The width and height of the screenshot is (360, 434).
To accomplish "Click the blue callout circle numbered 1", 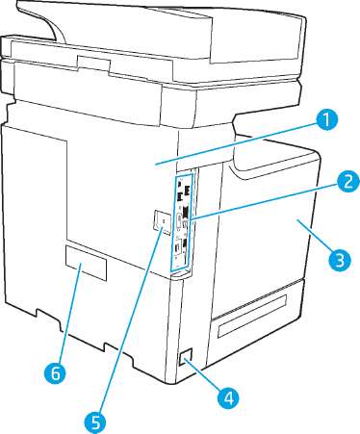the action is click(326, 120).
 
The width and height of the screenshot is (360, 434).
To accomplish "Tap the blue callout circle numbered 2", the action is click(347, 182).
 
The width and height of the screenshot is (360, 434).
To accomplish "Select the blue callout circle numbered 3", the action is click(340, 259).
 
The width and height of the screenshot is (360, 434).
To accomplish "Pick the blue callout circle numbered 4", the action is click(228, 398).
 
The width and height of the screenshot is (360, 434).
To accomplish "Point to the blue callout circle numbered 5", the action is click(95, 421).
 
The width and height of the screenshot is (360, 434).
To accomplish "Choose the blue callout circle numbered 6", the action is click(55, 372).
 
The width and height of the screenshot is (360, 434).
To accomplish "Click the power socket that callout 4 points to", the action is click(185, 357).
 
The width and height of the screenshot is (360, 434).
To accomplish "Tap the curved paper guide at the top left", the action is click(54, 30).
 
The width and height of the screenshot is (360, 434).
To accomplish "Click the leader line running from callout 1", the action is click(236, 144).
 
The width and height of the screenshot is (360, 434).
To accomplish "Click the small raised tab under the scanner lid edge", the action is click(94, 64).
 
